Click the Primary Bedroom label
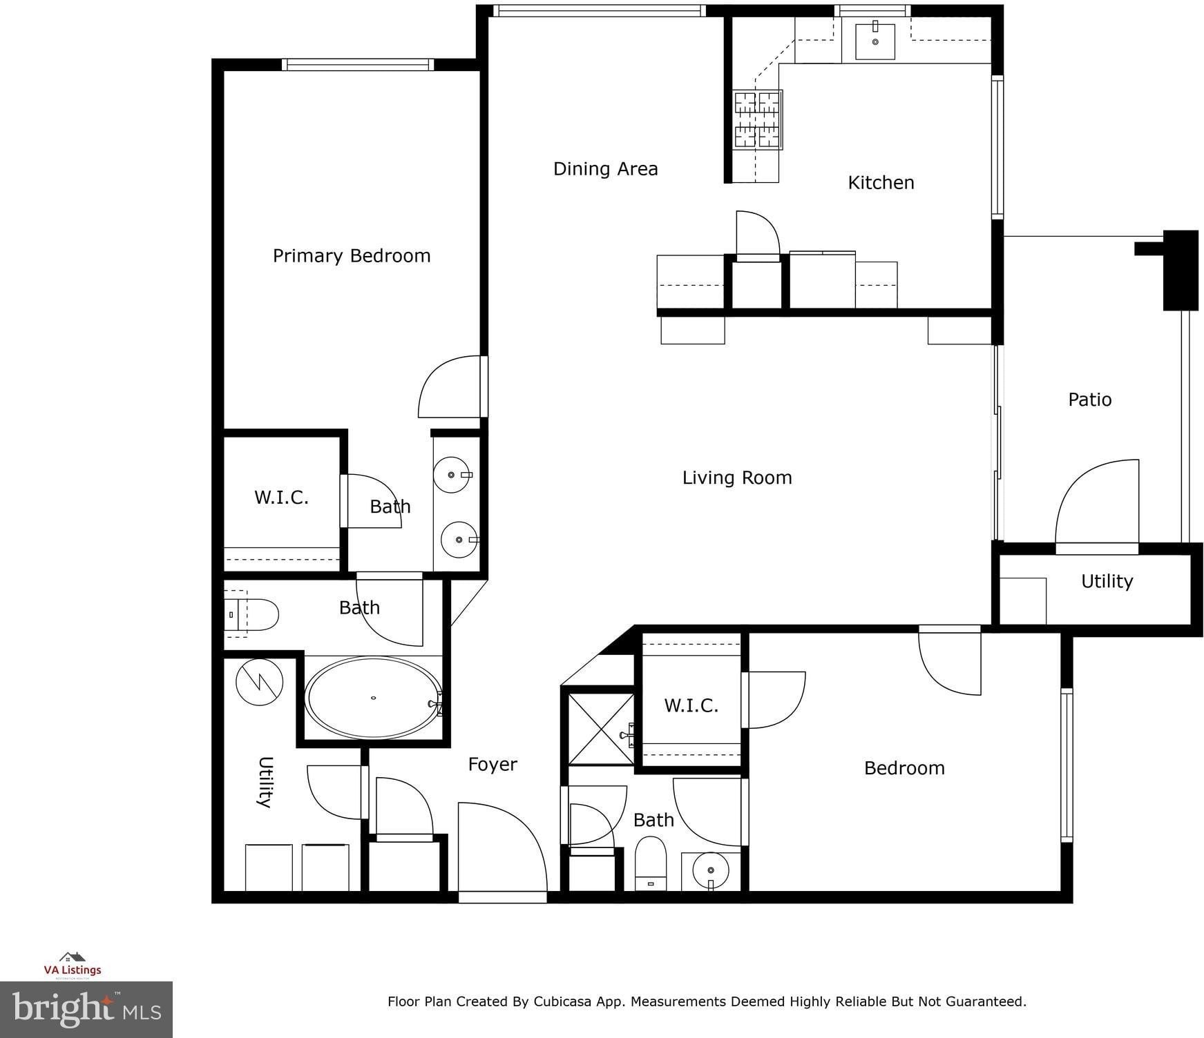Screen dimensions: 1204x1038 pos(352,256)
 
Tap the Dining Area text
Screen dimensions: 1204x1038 pos(605,169)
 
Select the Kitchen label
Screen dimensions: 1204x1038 pos(881,182)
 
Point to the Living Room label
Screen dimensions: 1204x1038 pos(737,478)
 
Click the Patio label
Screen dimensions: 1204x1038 pos(1089,400)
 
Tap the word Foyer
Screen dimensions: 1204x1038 pos(493,764)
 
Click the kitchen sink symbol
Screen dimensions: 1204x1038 pos(875,41)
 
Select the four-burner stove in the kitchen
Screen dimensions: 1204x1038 pos(757,120)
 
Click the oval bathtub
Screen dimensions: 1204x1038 pos(373,697)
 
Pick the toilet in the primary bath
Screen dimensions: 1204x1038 pos(251,614)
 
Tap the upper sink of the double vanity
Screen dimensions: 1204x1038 pos(452,475)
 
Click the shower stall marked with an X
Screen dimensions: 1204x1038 pos(601,729)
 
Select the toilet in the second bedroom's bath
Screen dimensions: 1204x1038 pos(651,863)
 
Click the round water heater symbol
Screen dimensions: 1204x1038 pos(259,682)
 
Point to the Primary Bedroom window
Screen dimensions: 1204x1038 pos(358,65)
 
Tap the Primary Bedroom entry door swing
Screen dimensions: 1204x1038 pos(450,386)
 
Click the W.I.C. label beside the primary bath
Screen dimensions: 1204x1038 pos(281,498)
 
